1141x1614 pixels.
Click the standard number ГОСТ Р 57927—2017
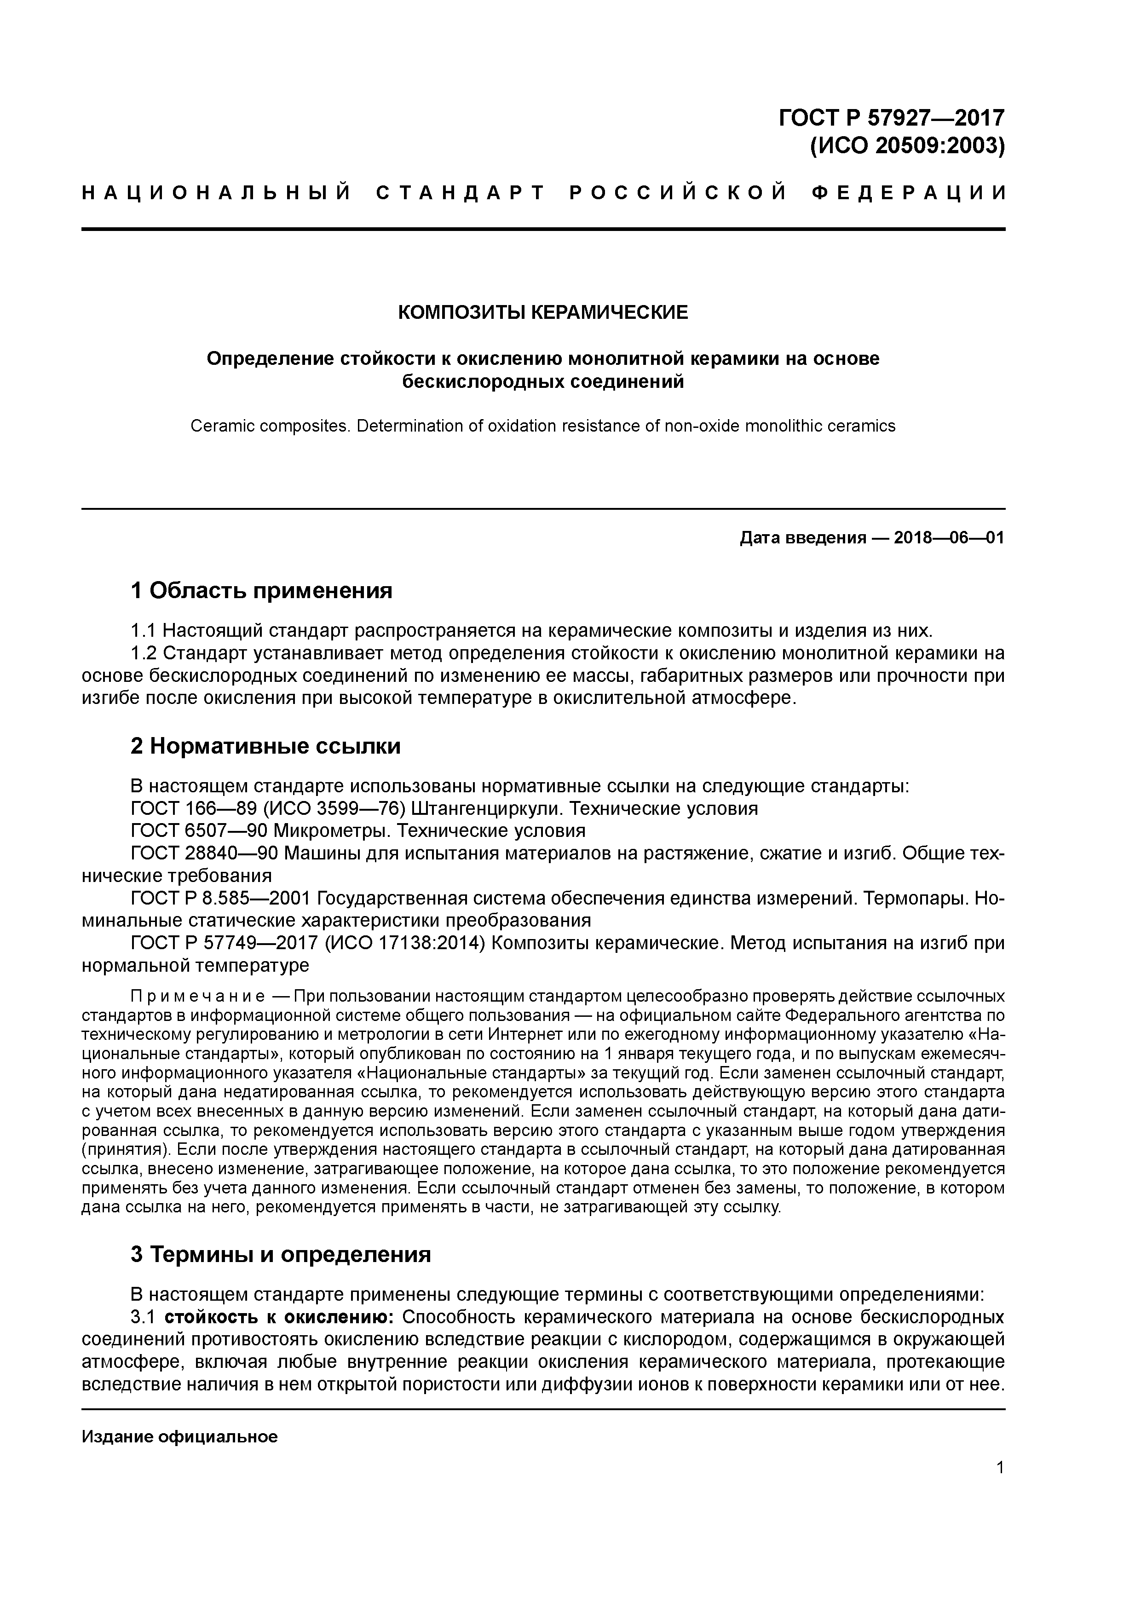point(892,117)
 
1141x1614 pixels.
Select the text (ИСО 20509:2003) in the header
point(908,146)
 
